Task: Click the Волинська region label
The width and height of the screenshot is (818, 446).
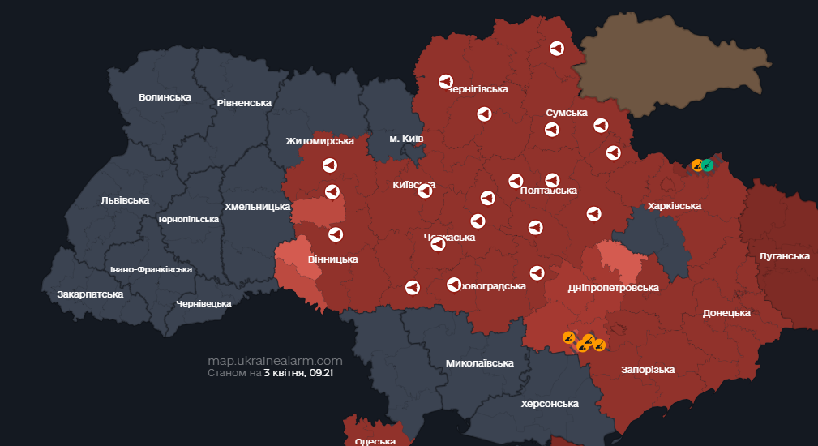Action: [165, 97]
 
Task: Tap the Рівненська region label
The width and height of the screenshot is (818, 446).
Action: [244, 103]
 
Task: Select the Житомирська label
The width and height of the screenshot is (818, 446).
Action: [319, 141]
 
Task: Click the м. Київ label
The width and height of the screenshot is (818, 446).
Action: [406, 139]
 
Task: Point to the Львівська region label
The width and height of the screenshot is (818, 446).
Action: [125, 199]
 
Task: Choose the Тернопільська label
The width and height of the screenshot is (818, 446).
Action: [188, 219]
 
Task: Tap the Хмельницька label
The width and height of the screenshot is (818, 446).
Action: [257, 207]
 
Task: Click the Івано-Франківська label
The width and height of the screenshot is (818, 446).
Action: [151, 269]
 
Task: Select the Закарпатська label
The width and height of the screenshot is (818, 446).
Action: [90, 294]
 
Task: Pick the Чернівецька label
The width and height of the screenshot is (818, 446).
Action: [203, 303]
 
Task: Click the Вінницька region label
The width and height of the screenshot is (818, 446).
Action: [333, 259]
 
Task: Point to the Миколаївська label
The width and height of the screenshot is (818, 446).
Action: [480, 363]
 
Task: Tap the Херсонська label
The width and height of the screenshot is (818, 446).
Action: [550, 404]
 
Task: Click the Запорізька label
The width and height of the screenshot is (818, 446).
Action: [648, 370]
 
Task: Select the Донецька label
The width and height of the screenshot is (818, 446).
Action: [726, 313]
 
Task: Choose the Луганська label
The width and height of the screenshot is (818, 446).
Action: [784, 256]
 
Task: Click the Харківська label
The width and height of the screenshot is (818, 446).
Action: [674, 206]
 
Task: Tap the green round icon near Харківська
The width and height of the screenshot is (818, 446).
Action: [708, 165]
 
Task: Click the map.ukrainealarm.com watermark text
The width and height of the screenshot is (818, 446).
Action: [275, 361]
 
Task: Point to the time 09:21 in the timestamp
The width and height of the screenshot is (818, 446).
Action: [322, 374]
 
